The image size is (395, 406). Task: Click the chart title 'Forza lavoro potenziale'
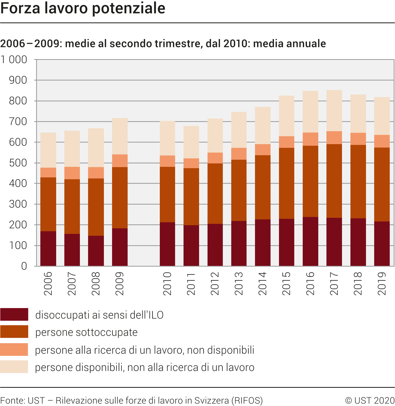point(83,8)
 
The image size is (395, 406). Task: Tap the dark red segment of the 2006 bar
point(48,248)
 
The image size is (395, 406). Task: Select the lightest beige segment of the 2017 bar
point(334,111)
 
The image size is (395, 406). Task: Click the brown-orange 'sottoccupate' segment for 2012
point(215,193)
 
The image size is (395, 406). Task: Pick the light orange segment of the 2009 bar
point(120,161)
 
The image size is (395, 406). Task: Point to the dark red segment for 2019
point(382,243)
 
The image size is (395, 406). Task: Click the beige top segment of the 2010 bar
point(167,138)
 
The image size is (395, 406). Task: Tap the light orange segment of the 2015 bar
point(286,142)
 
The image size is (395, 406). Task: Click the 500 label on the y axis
point(18,163)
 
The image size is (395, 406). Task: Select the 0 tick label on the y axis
point(24,266)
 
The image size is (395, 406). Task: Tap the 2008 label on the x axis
point(96,284)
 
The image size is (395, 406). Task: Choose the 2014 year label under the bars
point(263,284)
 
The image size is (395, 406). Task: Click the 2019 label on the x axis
point(382,284)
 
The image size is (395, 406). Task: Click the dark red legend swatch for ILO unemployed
point(14,314)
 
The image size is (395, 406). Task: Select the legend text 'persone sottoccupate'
point(86,332)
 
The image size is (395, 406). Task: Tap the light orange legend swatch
point(14,350)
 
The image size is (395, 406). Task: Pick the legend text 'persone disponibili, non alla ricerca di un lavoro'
point(144,367)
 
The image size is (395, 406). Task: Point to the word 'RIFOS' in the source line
point(247,400)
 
